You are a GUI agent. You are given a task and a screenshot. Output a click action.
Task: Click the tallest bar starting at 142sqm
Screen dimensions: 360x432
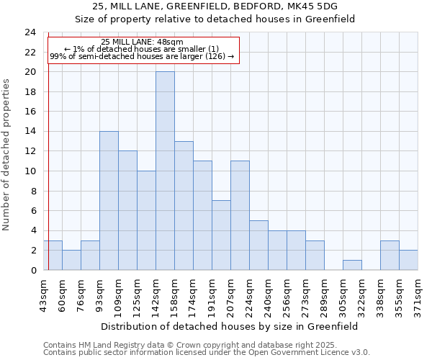(165, 171)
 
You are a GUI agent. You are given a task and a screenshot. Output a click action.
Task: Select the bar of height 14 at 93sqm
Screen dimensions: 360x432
(109, 200)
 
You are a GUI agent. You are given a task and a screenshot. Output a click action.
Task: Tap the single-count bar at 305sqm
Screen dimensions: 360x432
(352, 265)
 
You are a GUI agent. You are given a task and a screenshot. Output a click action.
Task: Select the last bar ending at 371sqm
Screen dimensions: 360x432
(408, 260)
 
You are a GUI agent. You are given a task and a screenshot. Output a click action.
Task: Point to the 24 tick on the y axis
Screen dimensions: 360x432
(30, 32)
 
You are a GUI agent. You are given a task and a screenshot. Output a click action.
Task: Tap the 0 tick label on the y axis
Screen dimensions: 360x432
(33, 271)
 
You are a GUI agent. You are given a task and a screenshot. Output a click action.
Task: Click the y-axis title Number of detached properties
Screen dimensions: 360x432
(7, 155)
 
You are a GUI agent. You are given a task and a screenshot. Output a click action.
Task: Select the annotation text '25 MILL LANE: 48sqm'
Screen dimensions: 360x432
(142, 42)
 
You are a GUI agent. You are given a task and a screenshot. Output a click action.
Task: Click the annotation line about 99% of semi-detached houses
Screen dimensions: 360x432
(142, 56)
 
